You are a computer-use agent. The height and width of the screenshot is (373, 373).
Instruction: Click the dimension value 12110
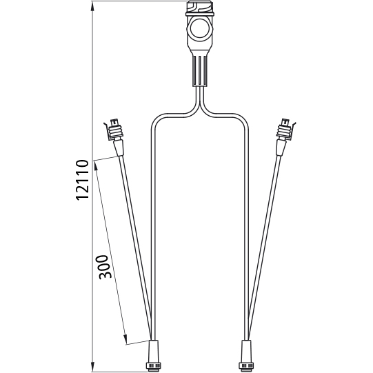pyautogui.click(x=82, y=180)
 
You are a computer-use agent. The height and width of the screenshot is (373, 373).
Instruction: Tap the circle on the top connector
pyautogui.click(x=201, y=31)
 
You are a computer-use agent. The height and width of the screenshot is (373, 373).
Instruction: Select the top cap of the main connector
pyautogui.click(x=201, y=9)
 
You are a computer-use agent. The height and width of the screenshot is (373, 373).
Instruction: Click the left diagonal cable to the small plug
pyautogui.click(x=136, y=241)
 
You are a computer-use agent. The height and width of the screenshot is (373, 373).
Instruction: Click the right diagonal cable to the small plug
pyautogui.click(x=266, y=241)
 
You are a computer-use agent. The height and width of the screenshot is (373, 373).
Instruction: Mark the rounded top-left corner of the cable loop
pyautogui.click(x=154, y=119)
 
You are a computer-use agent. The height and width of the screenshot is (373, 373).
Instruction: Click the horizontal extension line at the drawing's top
pyautogui.click(x=138, y=2)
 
